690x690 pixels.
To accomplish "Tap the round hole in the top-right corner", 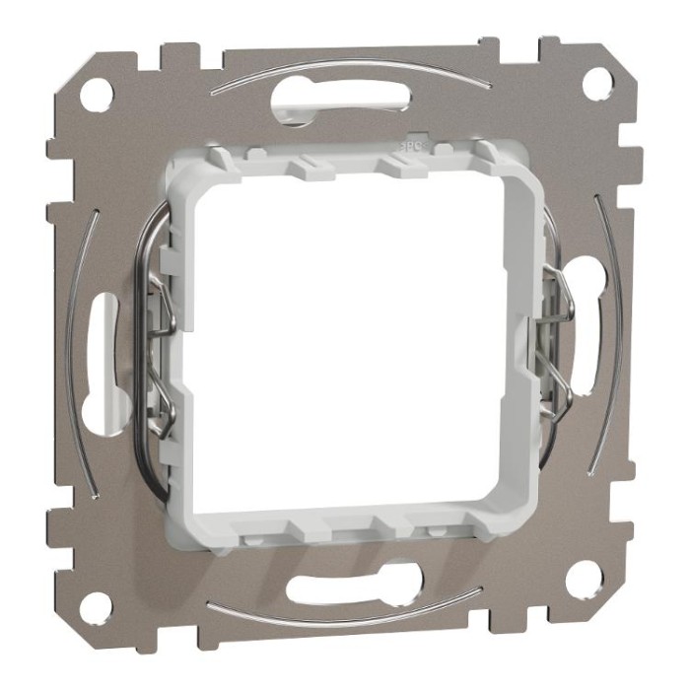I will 594,85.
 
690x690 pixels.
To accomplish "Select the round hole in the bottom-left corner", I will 95,608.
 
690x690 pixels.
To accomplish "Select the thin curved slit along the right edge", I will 616,335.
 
